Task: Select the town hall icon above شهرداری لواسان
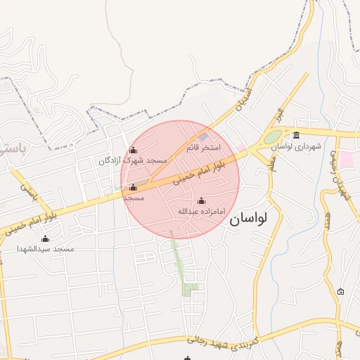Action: (296, 135)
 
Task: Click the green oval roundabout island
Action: (273, 136)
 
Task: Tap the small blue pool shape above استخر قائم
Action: (203, 136)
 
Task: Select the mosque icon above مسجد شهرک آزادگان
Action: (133, 150)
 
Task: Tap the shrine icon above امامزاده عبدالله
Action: (201, 200)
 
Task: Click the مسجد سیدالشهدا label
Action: (46, 249)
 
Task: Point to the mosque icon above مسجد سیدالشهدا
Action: (46, 238)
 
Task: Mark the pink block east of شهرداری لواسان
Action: (347, 159)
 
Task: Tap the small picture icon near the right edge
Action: (341, 291)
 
